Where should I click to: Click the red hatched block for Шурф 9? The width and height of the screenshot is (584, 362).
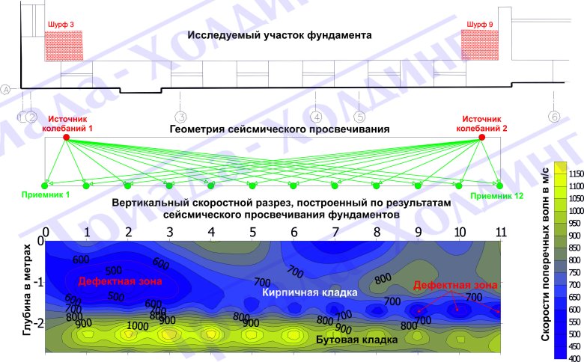coord(479,45)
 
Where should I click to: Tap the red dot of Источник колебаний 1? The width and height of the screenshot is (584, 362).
coord(66,138)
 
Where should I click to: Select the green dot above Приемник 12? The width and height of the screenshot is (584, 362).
coord(500,185)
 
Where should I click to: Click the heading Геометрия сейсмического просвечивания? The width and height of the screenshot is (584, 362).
coord(280,129)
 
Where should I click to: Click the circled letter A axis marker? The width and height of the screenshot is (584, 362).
coord(6,90)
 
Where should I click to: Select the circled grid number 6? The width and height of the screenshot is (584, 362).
coord(554,117)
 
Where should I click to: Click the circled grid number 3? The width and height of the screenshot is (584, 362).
coord(180,117)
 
